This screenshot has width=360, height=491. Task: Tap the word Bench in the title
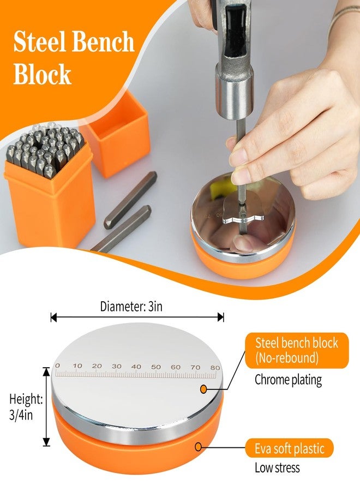pyautogui.click(x=103, y=43)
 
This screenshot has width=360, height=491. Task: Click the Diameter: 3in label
pyautogui.click(x=131, y=306)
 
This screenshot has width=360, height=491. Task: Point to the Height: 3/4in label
pyautogui.click(x=26, y=407)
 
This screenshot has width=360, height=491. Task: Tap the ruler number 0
pyautogui.click(x=57, y=366)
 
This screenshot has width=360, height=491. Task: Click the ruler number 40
pyautogui.click(x=136, y=367)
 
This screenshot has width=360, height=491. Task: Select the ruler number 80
pyautogui.click(x=215, y=367)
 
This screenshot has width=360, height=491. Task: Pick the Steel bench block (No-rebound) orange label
pyautogui.click(x=297, y=350)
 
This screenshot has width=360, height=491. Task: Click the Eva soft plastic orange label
pyautogui.click(x=289, y=449)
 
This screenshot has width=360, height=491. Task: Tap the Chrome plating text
pyautogui.click(x=288, y=380)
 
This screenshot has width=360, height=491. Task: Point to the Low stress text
pyautogui.click(x=277, y=468)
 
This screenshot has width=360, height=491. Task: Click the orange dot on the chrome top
pyautogui.click(x=203, y=389)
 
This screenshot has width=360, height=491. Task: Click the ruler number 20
pyautogui.click(x=97, y=366)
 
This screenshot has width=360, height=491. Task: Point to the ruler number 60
pyautogui.click(x=176, y=367)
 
